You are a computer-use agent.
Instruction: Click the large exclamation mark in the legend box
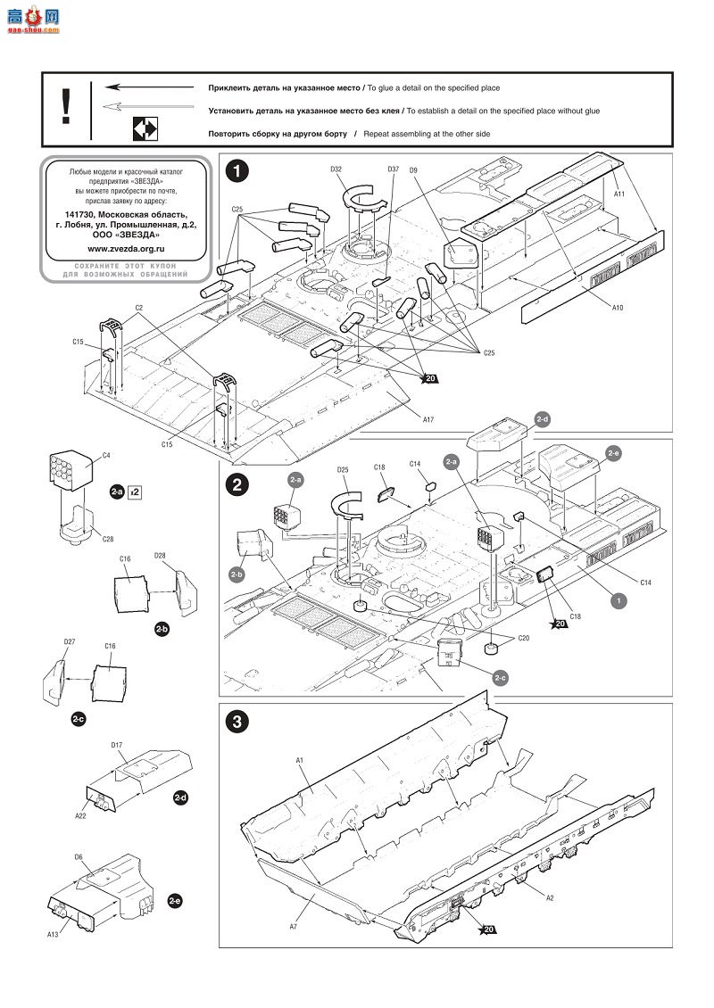click(x=65, y=107)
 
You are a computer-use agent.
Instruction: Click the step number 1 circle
click(x=236, y=170)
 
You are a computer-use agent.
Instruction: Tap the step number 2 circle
click(x=236, y=486)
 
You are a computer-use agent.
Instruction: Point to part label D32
click(x=336, y=169)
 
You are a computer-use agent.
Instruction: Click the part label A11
click(x=619, y=193)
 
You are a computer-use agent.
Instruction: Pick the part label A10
click(x=618, y=306)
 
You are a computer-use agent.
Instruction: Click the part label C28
click(x=107, y=539)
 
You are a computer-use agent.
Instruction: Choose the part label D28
click(x=160, y=556)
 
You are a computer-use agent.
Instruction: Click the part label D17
click(x=117, y=745)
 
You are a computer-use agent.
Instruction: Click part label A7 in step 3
click(x=293, y=904)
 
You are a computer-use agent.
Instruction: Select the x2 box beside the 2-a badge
click(x=135, y=492)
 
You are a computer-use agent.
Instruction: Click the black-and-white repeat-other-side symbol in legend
click(x=144, y=128)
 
